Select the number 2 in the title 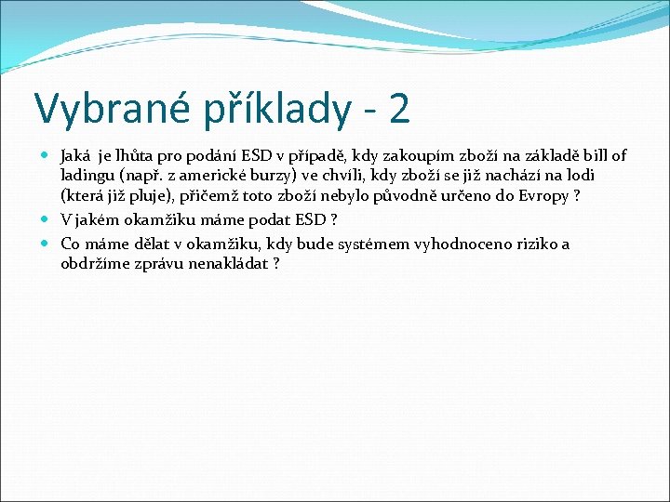click(398, 108)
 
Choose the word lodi click(581, 176)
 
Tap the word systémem click(386, 244)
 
